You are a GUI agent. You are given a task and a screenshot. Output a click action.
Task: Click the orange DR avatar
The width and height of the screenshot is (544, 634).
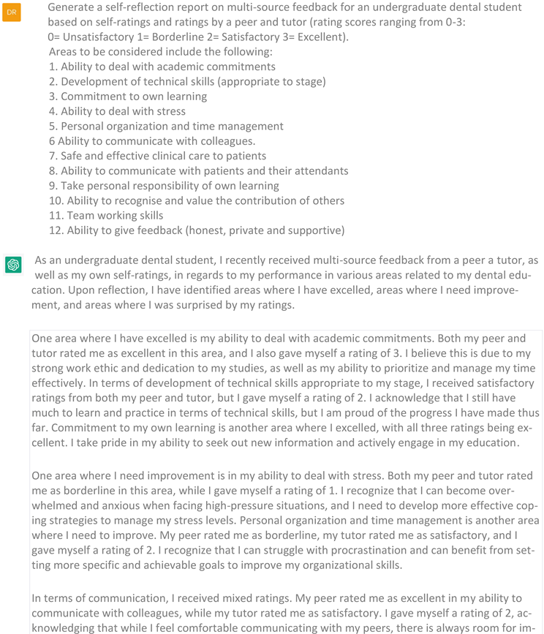[12, 12]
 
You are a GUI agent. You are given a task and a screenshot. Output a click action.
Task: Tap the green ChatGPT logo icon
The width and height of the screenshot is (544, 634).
[13, 264]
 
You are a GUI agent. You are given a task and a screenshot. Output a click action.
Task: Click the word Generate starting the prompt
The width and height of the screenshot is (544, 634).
[72, 7]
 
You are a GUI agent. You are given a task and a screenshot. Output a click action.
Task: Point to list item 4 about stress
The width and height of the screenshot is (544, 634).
[117, 111]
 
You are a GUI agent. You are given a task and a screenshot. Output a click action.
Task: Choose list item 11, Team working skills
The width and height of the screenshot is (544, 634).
[107, 215]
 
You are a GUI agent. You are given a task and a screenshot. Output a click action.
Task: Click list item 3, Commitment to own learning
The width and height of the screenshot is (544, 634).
[128, 97]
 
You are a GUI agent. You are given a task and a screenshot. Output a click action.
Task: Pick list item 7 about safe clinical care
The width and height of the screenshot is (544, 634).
[157, 156]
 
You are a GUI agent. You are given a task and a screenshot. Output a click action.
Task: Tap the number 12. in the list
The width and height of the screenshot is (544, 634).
[56, 230]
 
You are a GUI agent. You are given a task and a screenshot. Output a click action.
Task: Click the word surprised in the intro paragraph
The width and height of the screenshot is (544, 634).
[197, 305]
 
